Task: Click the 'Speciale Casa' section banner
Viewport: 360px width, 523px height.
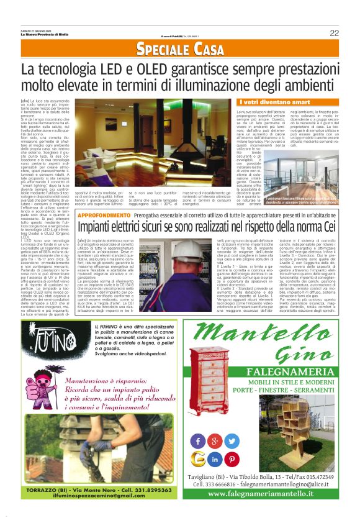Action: coord(180,50)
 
